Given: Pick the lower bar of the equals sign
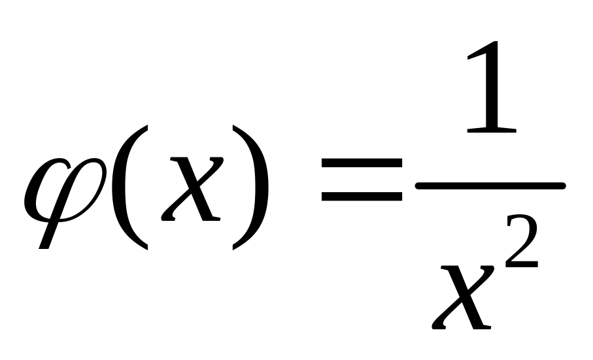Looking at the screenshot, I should pos(360,195).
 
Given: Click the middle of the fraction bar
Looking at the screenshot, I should pos(490,186).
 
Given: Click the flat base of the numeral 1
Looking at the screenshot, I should pos(492,130).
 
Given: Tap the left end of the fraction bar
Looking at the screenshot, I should pos(418,186).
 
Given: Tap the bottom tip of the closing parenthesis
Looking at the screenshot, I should pos(234,248).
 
